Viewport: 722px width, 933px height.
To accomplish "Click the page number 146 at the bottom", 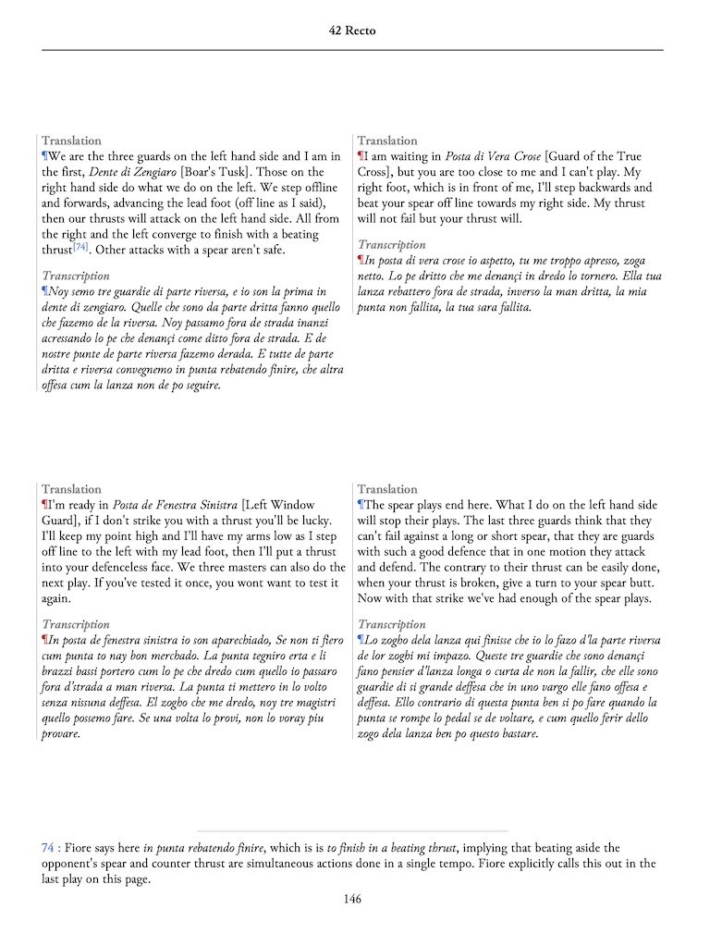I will tap(351, 899).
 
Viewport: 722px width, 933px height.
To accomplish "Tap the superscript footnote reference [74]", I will tap(80, 246).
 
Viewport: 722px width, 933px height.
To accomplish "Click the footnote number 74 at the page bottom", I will tap(48, 847).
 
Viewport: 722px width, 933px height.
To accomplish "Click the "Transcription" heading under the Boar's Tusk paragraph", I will tap(76, 276).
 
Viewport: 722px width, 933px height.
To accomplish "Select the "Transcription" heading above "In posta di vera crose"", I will tap(392, 245).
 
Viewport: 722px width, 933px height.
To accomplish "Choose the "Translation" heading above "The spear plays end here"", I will tap(387, 489).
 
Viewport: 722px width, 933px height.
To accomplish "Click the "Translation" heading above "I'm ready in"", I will tap(71, 489).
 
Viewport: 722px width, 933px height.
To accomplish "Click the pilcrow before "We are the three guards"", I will tap(44, 156).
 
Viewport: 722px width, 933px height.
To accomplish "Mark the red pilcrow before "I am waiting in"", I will tap(361, 156).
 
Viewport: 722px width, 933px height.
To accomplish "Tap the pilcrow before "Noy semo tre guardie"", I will tap(44, 291).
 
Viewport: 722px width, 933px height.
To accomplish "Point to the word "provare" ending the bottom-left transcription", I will tap(62, 734).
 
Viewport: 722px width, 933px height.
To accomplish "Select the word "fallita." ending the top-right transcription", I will tap(510, 307).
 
